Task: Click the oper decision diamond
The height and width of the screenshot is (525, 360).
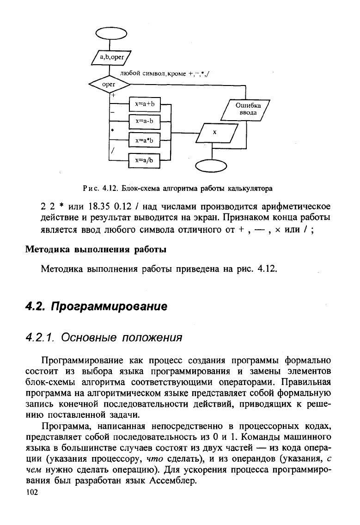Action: point(109,85)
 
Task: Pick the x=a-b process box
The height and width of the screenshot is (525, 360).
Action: point(144,122)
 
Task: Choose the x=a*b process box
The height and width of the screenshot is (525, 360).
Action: point(144,139)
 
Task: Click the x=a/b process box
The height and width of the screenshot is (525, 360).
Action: point(144,160)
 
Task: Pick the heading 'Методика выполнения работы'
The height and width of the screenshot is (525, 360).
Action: point(95,250)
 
